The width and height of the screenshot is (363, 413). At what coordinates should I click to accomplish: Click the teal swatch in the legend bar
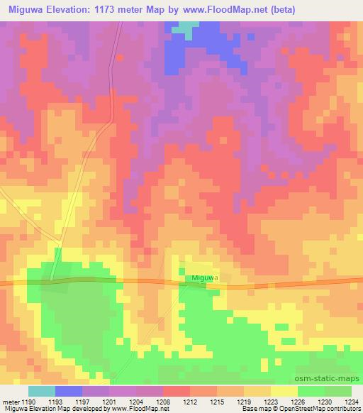pyautogui.click(x=42, y=391)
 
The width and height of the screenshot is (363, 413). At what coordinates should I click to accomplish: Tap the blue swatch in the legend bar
pyautogui.click(x=69, y=391)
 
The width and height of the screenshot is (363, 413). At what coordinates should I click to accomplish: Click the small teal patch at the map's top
pyautogui.click(x=186, y=28)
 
